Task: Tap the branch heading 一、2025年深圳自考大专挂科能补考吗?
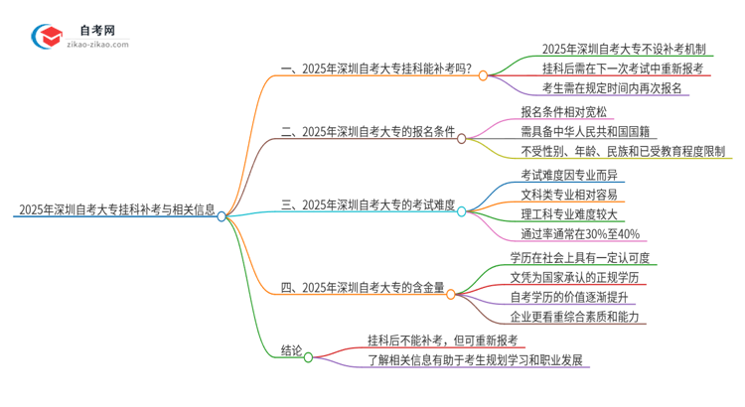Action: (x=376, y=73)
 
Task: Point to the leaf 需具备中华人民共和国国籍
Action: (x=588, y=131)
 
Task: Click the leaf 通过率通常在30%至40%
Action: (x=581, y=235)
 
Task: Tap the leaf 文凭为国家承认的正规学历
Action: (x=582, y=277)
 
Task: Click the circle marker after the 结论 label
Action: (x=308, y=357)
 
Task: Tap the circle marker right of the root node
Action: (x=222, y=215)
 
